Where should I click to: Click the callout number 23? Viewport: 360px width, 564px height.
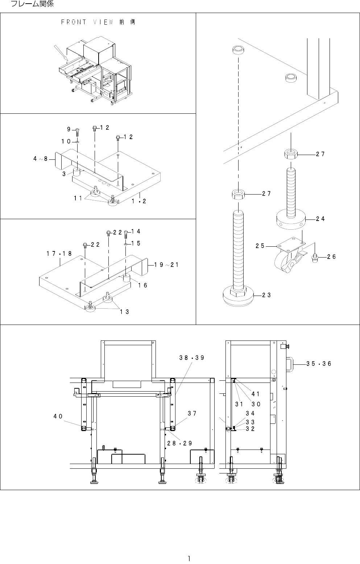[266, 295]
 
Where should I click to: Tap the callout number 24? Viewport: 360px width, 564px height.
[320, 219]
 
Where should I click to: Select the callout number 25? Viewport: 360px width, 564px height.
[260, 246]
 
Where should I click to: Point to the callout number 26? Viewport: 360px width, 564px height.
[331, 257]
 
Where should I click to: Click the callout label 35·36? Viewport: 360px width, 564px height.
[319, 364]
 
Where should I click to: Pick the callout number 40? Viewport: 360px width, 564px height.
[58, 416]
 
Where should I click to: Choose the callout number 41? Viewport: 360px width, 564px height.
[256, 394]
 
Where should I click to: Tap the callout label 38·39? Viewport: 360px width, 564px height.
[192, 358]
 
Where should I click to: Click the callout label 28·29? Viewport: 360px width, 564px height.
[179, 443]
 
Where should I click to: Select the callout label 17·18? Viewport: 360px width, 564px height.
[59, 254]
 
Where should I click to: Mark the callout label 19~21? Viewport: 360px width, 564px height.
[166, 265]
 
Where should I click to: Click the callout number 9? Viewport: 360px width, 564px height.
[69, 129]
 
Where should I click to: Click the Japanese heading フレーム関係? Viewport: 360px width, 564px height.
[33, 4]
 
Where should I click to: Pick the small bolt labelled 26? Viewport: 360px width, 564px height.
[315, 257]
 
